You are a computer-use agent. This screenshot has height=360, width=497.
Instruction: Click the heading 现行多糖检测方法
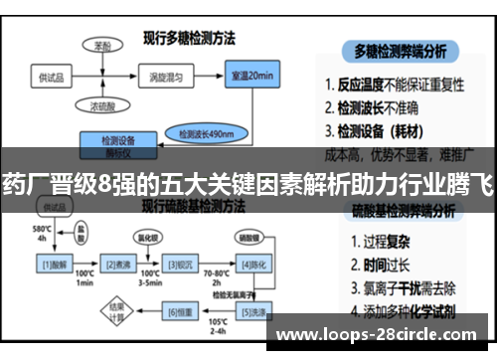tap(188, 39)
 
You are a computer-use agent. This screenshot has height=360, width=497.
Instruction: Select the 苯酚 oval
tap(103, 46)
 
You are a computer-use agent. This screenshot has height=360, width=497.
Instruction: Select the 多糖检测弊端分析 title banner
tap(406, 50)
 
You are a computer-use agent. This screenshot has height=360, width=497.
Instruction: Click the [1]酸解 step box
tap(54, 264)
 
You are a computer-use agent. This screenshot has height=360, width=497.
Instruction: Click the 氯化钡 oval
tap(147, 239)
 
